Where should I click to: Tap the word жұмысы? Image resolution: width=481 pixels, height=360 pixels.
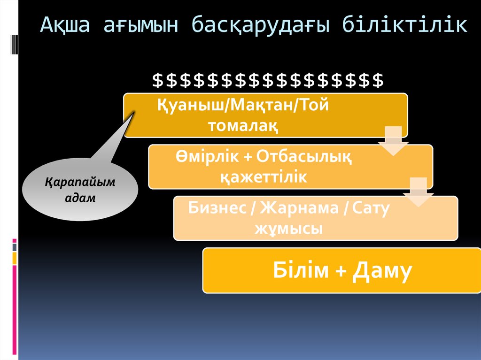point(289,229)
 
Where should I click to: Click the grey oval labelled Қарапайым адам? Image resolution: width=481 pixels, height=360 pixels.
point(80,189)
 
